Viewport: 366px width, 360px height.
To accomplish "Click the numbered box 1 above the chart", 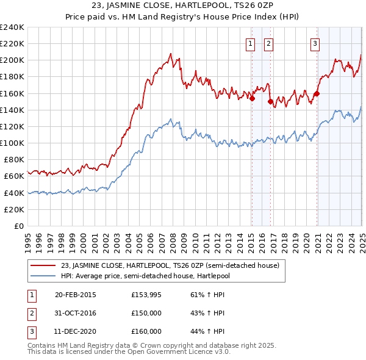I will pyautogui.click(x=251, y=43).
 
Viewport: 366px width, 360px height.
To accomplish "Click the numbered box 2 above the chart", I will pyautogui.click(x=269, y=43).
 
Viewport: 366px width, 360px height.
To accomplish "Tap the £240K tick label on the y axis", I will pyautogui.click(x=13, y=27).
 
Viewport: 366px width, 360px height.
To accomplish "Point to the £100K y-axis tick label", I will pyautogui.click(x=13, y=143).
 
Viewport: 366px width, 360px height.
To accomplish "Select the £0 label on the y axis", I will pyautogui.click(x=20, y=226).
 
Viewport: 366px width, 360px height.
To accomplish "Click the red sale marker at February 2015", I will pyautogui.click(x=252, y=99).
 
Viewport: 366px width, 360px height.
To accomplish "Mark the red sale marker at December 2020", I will pyautogui.click(x=317, y=94).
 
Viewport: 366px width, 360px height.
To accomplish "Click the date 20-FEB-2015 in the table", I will pyautogui.click(x=76, y=295).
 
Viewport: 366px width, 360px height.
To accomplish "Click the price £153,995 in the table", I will pyautogui.click(x=146, y=295).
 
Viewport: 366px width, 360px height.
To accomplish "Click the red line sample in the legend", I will pyautogui.click(x=43, y=265).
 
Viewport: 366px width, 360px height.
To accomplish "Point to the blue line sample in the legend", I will pyautogui.click(x=43, y=275).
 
